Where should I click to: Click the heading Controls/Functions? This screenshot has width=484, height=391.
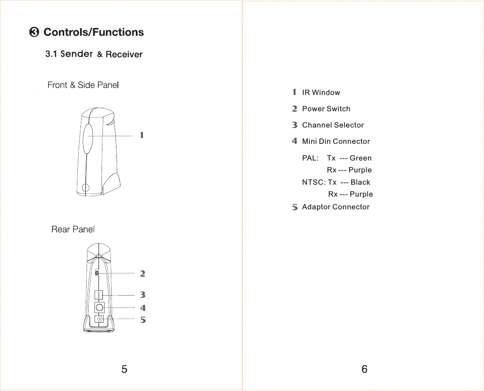(x=93, y=33)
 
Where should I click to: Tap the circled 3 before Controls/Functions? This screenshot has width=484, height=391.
(x=34, y=33)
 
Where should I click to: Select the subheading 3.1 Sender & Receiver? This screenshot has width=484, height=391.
(x=94, y=54)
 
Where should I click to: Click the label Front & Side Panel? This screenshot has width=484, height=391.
(x=83, y=85)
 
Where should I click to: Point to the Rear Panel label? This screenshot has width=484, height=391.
(x=73, y=229)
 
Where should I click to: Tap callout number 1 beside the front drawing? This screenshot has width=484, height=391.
(x=142, y=135)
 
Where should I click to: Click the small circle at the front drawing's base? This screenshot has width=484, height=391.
(x=86, y=187)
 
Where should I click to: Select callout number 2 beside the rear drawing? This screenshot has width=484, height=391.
(x=142, y=274)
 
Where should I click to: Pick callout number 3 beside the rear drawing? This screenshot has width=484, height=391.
(x=142, y=295)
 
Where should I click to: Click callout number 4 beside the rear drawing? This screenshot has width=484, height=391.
(x=142, y=308)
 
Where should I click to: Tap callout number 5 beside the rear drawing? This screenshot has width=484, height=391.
(x=142, y=320)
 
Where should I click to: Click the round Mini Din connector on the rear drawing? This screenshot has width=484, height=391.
(x=100, y=307)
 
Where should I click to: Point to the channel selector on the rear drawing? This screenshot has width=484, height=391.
(x=98, y=295)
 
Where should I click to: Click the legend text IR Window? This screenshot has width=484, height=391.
(x=321, y=93)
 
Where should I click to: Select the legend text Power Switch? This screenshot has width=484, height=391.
(x=326, y=109)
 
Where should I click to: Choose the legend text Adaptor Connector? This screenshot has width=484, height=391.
(x=335, y=207)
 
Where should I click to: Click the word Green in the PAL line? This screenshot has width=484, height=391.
(x=360, y=158)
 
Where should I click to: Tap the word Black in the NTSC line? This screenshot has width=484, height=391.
(x=360, y=183)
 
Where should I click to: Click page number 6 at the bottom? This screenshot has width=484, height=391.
(x=364, y=369)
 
